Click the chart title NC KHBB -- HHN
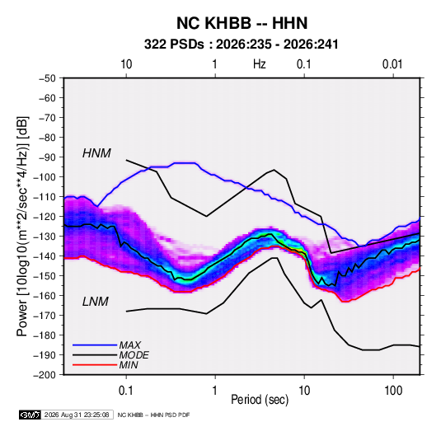(x=242, y=23)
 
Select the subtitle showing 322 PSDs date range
(x=241, y=45)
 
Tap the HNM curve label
(x=96, y=153)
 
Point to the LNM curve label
(x=96, y=302)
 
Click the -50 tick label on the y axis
(x=47, y=78)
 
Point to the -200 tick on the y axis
(x=45, y=375)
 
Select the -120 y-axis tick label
(x=45, y=217)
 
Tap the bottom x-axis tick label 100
(x=393, y=391)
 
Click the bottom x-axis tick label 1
(x=215, y=391)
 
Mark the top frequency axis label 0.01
(x=392, y=64)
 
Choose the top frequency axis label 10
(x=126, y=64)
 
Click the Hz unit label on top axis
(x=260, y=64)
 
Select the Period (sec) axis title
(x=260, y=400)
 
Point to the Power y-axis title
(x=22, y=226)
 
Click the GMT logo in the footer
(x=30, y=415)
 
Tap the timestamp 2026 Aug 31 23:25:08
(x=77, y=415)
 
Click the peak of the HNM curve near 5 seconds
(x=274, y=170)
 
